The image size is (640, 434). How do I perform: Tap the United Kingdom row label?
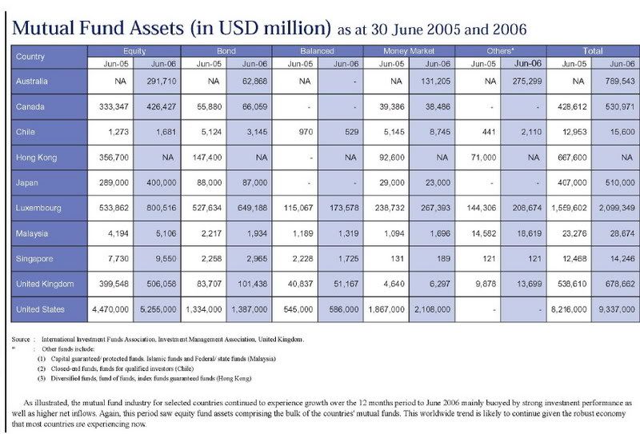pyautogui.click(x=45, y=284)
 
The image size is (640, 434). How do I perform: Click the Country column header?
pyautogui.click(x=30, y=57)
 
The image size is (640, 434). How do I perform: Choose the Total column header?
pyautogui.click(x=592, y=50)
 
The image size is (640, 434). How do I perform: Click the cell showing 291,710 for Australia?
pyautogui.click(x=162, y=81)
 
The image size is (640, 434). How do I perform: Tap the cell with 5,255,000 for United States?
pyautogui.click(x=158, y=309)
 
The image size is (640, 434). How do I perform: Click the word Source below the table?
pyautogui.click(x=22, y=339)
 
